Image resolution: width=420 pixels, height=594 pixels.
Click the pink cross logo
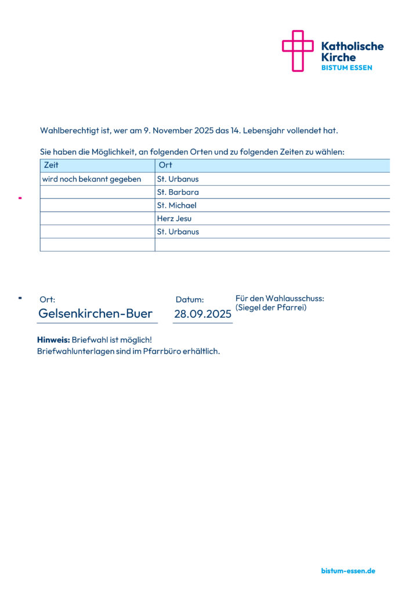(297, 51)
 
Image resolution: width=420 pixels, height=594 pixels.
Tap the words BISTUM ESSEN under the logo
(347, 68)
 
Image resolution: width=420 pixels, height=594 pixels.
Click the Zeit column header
(51, 165)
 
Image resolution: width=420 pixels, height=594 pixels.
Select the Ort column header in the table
(165, 165)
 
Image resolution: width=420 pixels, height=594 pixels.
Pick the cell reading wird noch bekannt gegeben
(92, 179)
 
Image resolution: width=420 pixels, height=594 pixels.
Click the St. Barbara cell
(178, 192)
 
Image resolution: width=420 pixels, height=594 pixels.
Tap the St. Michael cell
(177, 205)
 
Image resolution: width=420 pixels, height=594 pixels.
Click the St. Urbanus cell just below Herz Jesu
(178, 232)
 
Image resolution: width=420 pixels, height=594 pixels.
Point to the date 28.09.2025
(202, 314)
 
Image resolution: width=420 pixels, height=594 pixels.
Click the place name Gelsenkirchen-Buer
(95, 314)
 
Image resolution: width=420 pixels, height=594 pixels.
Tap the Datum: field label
(190, 300)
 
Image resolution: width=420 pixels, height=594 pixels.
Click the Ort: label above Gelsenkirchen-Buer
(48, 300)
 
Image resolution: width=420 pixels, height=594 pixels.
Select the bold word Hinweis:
(53, 340)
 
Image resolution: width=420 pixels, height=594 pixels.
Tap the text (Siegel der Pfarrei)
(271, 307)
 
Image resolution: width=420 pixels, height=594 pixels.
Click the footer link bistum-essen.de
(348, 571)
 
